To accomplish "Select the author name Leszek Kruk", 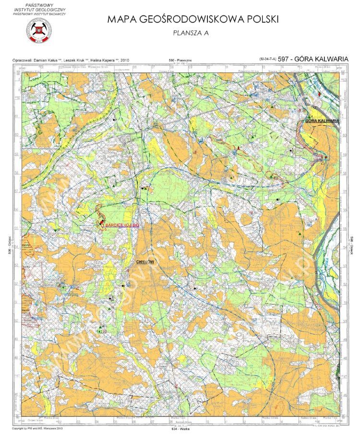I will coord(75,60).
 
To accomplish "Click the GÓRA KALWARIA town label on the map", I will coord(323,120).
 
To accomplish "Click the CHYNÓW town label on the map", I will coord(144,262).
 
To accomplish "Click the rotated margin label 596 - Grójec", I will coord(9,248).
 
